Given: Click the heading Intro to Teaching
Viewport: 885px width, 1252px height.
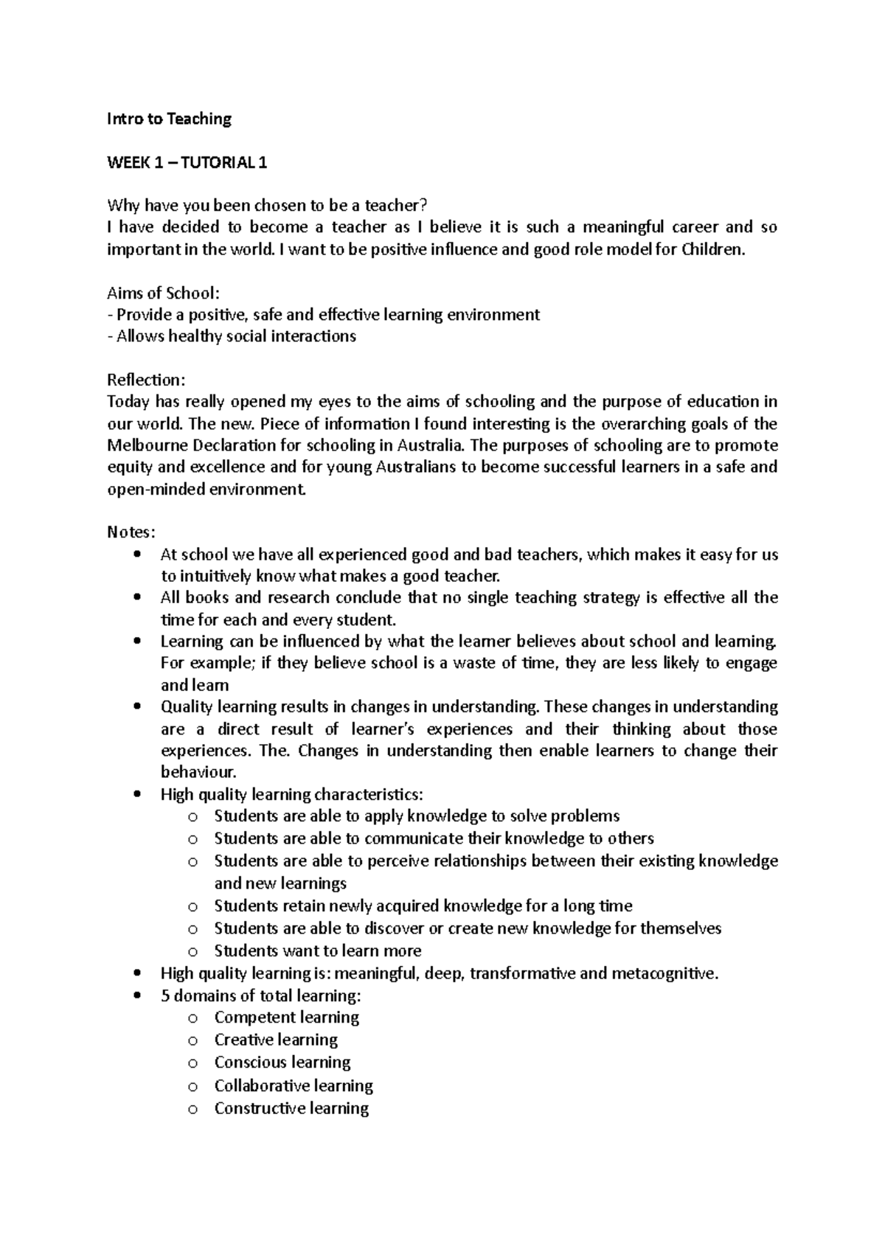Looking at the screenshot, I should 169,119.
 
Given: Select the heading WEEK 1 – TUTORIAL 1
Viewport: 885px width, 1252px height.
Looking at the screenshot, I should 187,162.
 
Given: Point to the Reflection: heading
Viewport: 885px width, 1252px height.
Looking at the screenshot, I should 146,380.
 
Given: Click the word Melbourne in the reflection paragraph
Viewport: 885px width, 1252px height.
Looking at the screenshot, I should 145,445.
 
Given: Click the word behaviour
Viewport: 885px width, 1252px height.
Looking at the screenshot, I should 198,772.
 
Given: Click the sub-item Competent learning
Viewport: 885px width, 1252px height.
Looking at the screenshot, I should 286,1018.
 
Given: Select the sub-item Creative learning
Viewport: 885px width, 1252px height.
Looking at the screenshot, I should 276,1040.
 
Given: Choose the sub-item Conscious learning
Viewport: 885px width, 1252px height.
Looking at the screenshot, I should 282,1063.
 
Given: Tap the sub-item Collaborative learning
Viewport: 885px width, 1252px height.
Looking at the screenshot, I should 294,1085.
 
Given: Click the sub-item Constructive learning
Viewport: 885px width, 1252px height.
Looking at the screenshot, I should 291,1108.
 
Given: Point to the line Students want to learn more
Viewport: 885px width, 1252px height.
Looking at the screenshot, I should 317,950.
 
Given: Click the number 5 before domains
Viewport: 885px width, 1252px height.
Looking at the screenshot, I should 164,996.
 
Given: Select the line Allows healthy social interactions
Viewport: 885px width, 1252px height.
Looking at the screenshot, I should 232,336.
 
